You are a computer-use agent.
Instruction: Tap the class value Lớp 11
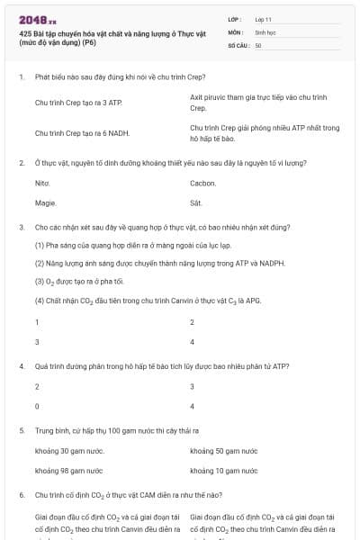point(263,18)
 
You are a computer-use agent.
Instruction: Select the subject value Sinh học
point(265,31)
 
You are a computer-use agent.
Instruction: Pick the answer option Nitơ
point(41,183)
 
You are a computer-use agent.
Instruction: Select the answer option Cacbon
point(202,183)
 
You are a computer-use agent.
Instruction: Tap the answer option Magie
point(45,202)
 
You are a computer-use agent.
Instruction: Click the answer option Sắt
point(196,202)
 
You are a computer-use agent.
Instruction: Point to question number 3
point(21,228)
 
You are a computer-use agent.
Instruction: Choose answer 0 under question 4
point(37,406)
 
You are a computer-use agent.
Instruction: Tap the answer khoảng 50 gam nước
point(224,449)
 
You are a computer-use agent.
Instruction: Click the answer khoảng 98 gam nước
point(68,470)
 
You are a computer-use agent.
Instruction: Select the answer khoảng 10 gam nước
point(224,470)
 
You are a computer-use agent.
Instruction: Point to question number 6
point(21,495)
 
